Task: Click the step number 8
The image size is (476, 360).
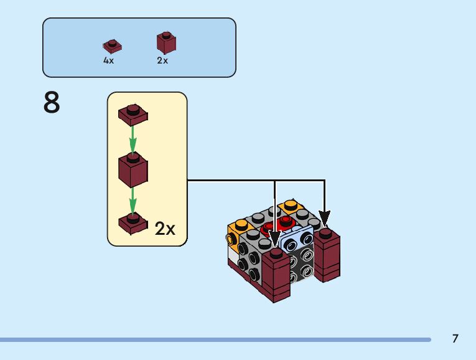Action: click(x=52, y=102)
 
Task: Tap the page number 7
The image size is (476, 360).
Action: click(x=455, y=338)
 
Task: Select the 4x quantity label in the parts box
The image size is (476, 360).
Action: click(x=108, y=60)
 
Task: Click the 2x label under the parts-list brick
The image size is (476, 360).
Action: click(x=162, y=60)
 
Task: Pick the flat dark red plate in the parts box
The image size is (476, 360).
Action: click(x=113, y=46)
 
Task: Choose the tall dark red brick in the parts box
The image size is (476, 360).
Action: click(x=166, y=43)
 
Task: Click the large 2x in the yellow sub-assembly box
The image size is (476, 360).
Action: click(x=165, y=229)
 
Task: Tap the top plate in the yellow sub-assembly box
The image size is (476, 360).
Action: click(x=133, y=115)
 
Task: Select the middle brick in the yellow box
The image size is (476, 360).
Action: click(x=133, y=169)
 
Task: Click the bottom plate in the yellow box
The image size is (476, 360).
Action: click(x=133, y=224)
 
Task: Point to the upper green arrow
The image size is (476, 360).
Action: click(x=133, y=140)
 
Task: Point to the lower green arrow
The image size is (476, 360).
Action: click(x=133, y=201)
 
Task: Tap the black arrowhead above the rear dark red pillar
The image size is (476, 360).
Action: click(x=325, y=219)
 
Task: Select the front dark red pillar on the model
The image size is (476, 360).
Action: click(x=276, y=275)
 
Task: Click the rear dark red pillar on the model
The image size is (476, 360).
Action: click(x=327, y=255)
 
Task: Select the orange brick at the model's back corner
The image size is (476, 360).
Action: click(x=291, y=206)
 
